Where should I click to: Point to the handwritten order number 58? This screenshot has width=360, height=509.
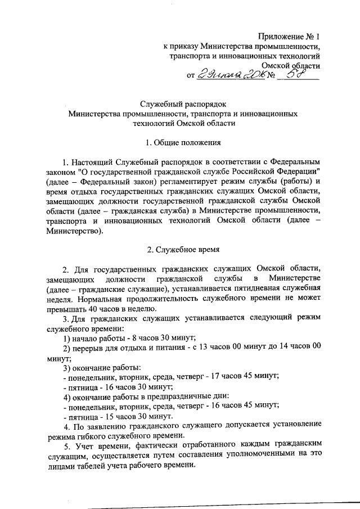point(298,75)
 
